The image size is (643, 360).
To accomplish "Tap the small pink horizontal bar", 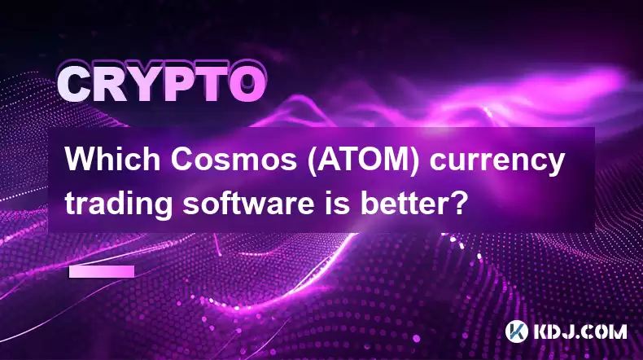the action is (102, 271).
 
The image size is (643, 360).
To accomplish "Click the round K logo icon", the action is (517, 331).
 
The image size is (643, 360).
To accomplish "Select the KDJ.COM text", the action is (580, 331).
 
